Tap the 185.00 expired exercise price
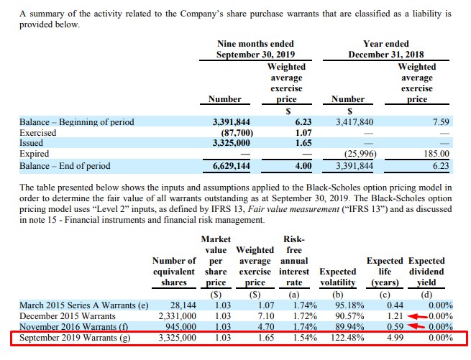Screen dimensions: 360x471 (436, 154)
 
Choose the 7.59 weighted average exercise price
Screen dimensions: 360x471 (440, 122)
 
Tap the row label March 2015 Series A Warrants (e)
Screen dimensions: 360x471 (83, 305)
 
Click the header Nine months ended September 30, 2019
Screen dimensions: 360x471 (255, 49)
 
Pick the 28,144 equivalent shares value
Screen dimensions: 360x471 (182, 305)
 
